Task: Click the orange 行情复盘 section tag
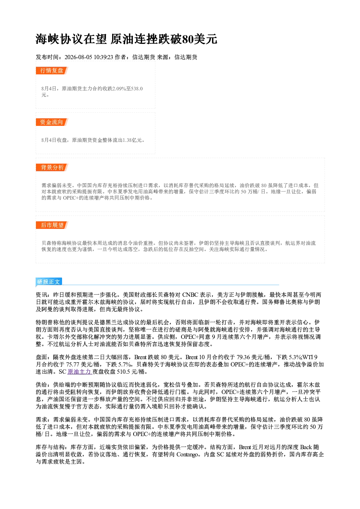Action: pyautogui.click(x=52, y=70)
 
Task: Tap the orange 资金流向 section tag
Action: pyautogui.click(x=52, y=122)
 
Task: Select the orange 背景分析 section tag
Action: pyautogui.click(x=52, y=168)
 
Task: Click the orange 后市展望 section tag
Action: pyautogui.click(x=52, y=225)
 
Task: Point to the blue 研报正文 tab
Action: pyautogui.click(x=49, y=282)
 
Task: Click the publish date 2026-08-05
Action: pyautogui.click(x=78, y=57)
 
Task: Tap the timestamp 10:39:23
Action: pyautogui.click(x=103, y=57)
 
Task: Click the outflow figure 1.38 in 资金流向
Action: pyautogui.click(x=127, y=140)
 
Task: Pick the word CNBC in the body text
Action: pyautogui.click(x=190, y=295)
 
